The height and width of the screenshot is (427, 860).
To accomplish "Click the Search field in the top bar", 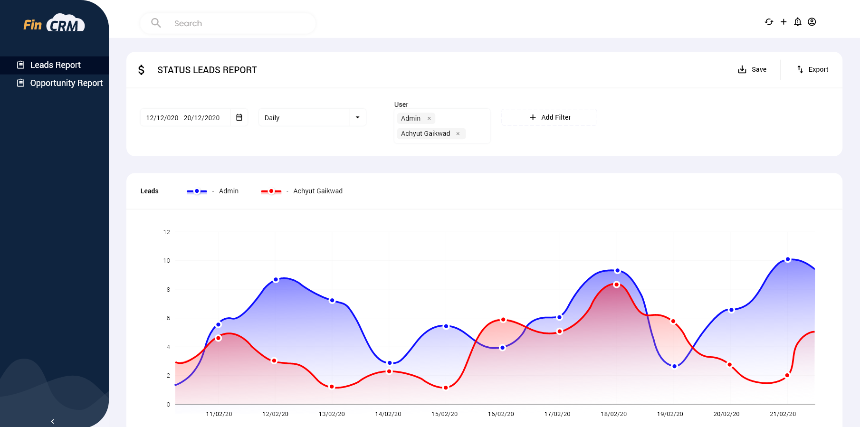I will (238, 23).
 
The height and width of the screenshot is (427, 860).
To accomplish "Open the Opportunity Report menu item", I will (66, 83).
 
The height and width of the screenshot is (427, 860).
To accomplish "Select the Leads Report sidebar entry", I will (55, 65).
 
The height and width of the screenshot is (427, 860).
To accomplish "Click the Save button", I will (752, 69).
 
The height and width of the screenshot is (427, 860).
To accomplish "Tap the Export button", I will (812, 69).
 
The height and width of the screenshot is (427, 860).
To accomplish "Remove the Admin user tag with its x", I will (429, 119).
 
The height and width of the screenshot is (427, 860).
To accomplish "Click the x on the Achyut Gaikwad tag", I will (458, 134).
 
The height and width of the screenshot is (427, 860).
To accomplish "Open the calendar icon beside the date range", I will (239, 117).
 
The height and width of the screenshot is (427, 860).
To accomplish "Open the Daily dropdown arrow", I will (357, 117).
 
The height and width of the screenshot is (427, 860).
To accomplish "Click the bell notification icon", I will (798, 22).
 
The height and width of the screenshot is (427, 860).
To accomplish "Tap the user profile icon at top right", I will (812, 22).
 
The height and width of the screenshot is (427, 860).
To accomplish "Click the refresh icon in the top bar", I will (769, 22).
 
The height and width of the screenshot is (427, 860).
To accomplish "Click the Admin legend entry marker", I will (197, 191).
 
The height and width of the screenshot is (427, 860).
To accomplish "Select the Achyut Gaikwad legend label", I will (317, 191).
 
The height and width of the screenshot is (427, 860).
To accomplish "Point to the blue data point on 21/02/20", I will (788, 259).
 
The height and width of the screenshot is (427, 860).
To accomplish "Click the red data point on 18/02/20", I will (616, 285).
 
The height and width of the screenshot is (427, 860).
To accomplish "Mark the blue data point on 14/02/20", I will (390, 363).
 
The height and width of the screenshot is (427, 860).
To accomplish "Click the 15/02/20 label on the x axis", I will (444, 414).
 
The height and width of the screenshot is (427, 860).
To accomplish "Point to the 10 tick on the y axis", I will (166, 261).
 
